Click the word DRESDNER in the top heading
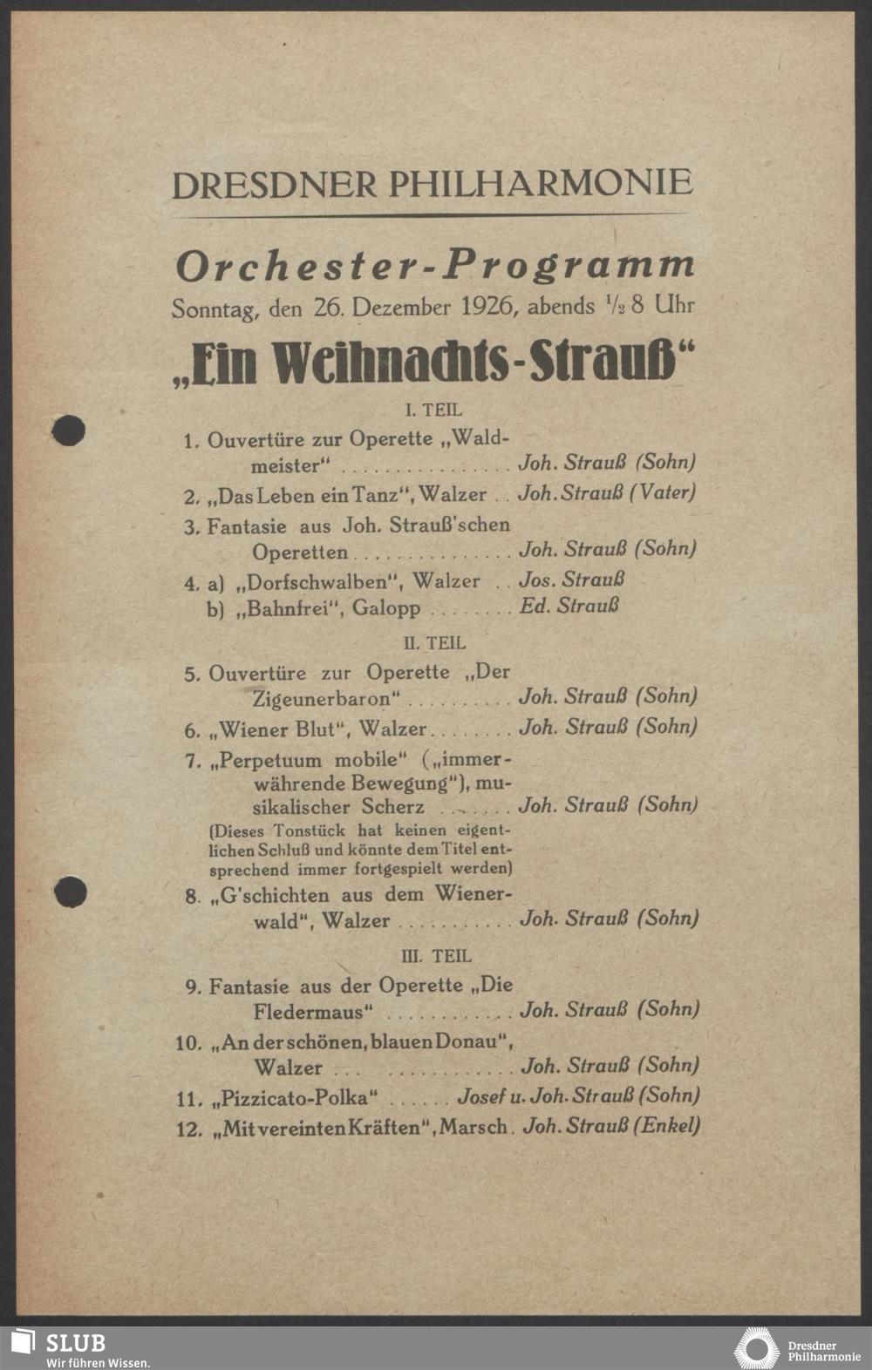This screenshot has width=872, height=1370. pyautogui.click(x=275, y=185)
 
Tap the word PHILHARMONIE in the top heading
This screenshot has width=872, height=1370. pyautogui.click(x=540, y=183)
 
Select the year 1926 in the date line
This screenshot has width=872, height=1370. pyautogui.click(x=491, y=307)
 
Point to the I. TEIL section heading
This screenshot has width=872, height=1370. pyautogui.click(x=433, y=409)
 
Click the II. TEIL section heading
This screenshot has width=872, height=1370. pyautogui.click(x=434, y=643)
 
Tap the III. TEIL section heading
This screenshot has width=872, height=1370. pyautogui.click(x=435, y=956)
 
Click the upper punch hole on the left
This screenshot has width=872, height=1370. pyautogui.click(x=69, y=431)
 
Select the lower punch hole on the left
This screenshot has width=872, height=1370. pyautogui.click(x=70, y=892)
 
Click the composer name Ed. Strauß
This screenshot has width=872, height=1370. pyautogui.click(x=569, y=606)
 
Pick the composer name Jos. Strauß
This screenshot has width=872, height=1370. pyautogui.click(x=571, y=580)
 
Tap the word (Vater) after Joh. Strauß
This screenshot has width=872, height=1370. pyautogui.click(x=662, y=492)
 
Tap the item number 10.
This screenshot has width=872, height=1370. pyautogui.click(x=189, y=1043)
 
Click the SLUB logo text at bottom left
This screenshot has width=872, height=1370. pyautogui.click(x=76, y=1343)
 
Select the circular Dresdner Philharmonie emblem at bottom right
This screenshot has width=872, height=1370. pyautogui.click(x=756, y=1348)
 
